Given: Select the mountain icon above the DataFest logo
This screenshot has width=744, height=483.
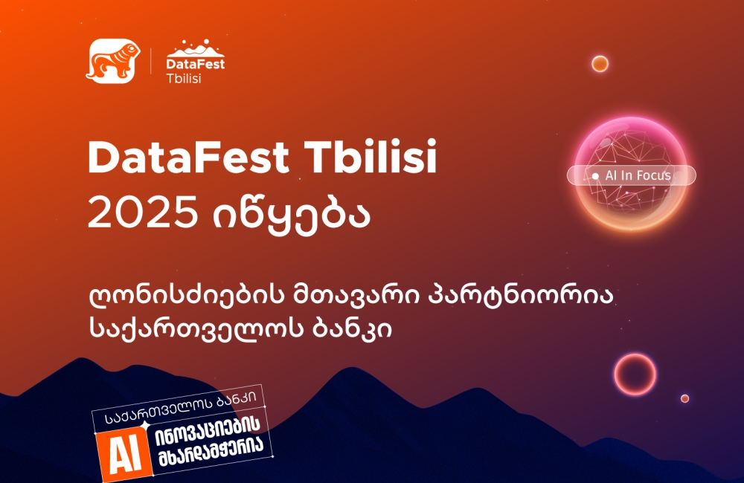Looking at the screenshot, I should pyautogui.click(x=196, y=49).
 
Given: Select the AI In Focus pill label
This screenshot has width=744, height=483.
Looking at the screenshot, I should pyautogui.click(x=632, y=175).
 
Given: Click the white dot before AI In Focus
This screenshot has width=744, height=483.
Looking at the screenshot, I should pyautogui.click(x=595, y=176).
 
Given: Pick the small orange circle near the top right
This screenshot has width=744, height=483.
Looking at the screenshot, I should pyautogui.click(x=600, y=64).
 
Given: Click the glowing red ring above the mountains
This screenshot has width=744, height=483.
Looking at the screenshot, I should pyautogui.click(x=634, y=374).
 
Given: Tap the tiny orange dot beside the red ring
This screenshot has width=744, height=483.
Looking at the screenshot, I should pyautogui.click(x=684, y=398).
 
